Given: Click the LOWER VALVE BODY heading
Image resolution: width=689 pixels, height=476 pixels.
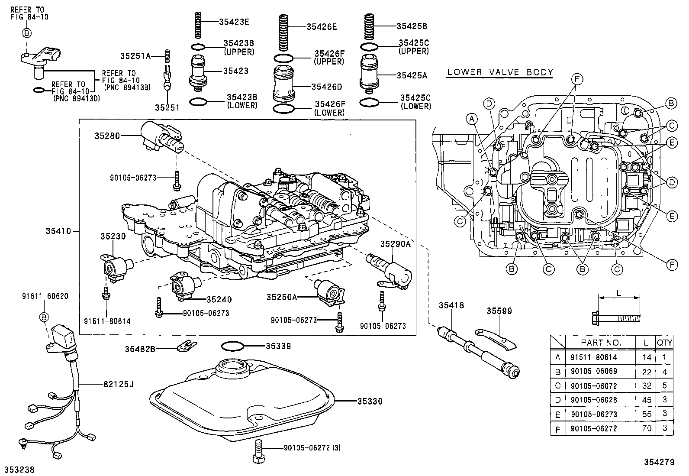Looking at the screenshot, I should (500, 72).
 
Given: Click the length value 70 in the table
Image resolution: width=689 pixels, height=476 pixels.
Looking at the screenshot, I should (647, 428).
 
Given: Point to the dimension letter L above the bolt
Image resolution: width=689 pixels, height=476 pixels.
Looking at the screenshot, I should (618, 293).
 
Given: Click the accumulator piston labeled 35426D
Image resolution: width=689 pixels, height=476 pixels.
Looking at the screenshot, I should (283, 84).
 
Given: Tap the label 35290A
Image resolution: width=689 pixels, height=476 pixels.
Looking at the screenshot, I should (395, 244).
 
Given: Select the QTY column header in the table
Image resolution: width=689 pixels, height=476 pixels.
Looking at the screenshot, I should (664, 343).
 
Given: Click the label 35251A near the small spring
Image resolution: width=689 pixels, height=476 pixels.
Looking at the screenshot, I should (135, 55).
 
